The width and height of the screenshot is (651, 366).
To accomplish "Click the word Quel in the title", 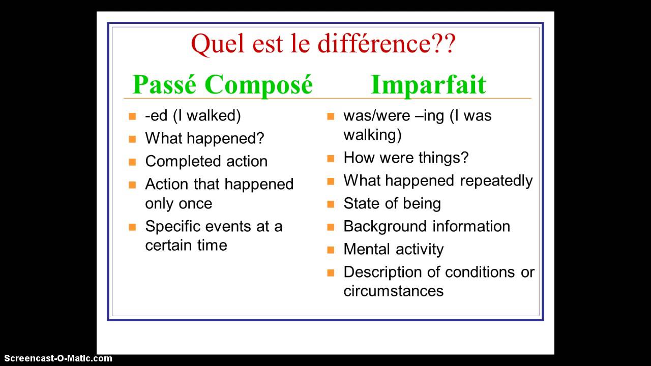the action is pyautogui.click(x=217, y=44).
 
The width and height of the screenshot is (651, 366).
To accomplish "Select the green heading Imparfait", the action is pyautogui.click(x=428, y=85).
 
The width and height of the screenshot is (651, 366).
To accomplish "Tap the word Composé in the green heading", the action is pyautogui.click(x=259, y=85).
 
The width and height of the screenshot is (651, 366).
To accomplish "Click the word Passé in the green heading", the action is pyautogui.click(x=164, y=84).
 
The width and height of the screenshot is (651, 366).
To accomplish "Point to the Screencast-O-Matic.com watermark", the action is pyautogui.click(x=58, y=358).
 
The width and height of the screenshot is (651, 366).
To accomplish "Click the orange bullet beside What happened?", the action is pyautogui.click(x=132, y=139).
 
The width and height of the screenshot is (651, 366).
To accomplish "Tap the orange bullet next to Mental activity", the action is pyautogui.click(x=331, y=250).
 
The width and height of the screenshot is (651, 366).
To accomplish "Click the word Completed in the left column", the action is pyautogui.click(x=184, y=162).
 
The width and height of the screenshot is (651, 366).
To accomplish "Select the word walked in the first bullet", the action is pyautogui.click(x=214, y=115).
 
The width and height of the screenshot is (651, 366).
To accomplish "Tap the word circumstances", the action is pyautogui.click(x=394, y=291).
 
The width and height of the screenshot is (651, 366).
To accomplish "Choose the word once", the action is pyautogui.click(x=195, y=204).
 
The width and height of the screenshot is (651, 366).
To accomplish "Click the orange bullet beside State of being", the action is pyautogui.click(x=331, y=204).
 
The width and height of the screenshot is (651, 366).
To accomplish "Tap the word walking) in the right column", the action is pyautogui.click(x=373, y=135).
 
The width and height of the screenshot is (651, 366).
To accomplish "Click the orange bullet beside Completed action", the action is pyautogui.click(x=132, y=162).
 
